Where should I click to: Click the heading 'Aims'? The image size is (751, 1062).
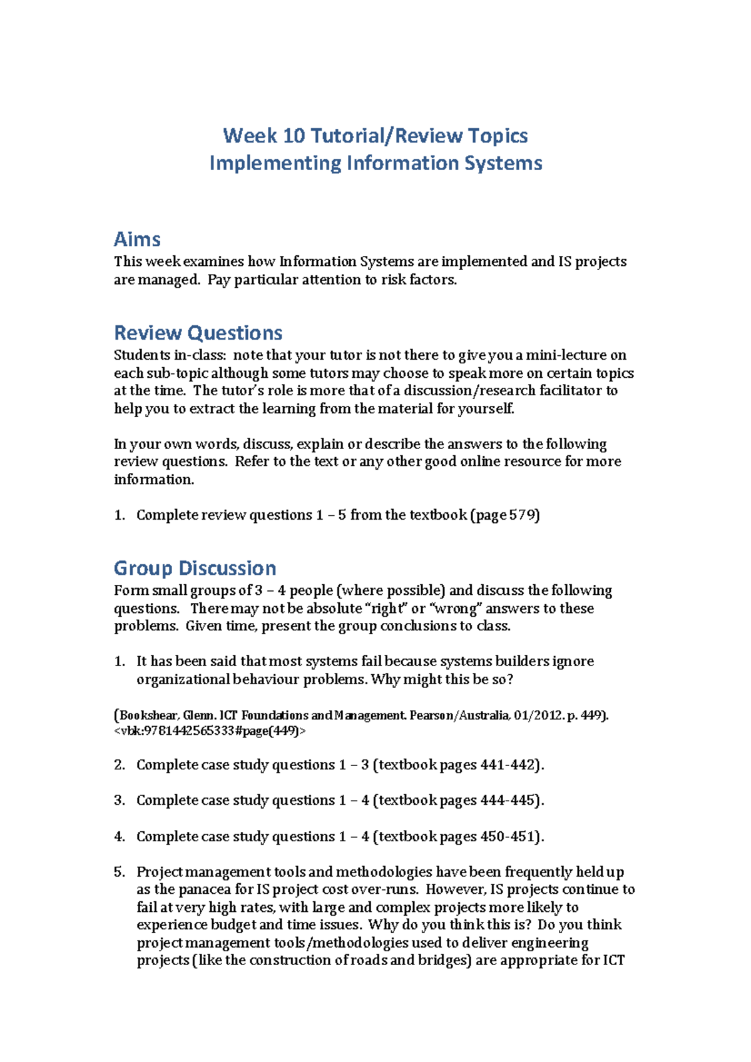tap(137, 239)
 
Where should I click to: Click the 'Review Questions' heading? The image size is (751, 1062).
tap(198, 333)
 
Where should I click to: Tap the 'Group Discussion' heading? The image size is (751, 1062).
tap(195, 568)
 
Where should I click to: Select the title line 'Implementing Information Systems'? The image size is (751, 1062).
tap(375, 163)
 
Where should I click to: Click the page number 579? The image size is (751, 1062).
tap(523, 515)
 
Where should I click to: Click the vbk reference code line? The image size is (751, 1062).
tap(210, 731)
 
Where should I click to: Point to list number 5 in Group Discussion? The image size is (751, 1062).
tap(120, 872)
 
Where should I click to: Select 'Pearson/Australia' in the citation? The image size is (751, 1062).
tap(459, 716)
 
